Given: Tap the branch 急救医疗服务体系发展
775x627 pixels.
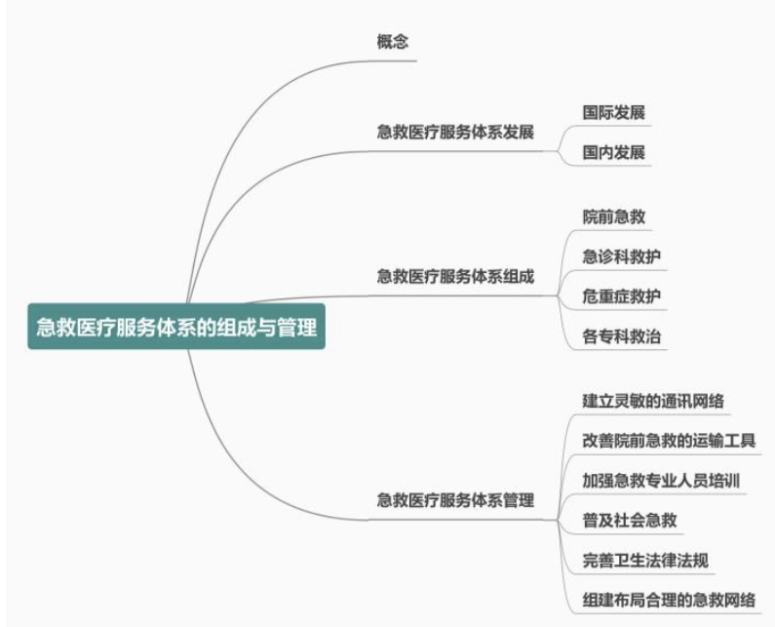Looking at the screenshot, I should click(x=455, y=132).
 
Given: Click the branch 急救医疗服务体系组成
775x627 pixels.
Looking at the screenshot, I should click(x=455, y=276).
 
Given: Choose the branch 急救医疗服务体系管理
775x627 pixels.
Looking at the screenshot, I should click(x=455, y=501).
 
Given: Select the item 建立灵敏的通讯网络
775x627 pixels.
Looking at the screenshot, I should click(x=652, y=401).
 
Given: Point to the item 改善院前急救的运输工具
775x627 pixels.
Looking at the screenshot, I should click(x=669, y=441).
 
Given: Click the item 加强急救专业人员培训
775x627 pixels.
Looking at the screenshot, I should click(x=662, y=481).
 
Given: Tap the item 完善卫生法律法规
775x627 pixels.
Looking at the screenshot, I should click(x=645, y=560).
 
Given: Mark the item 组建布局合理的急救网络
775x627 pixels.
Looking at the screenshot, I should click(x=669, y=600).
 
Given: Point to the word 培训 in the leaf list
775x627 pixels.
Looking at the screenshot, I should click(x=726, y=481).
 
